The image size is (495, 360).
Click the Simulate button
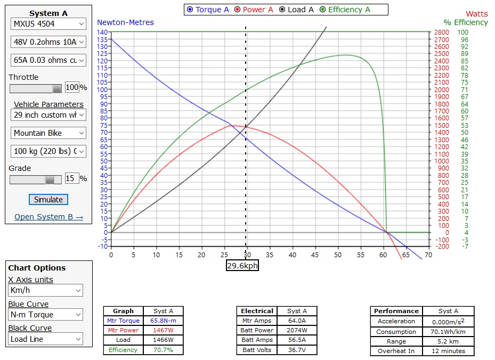pos(48,200)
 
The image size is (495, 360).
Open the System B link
pos(48,217)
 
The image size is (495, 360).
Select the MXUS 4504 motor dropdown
pos(48,24)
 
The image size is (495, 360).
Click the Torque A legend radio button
pos(190,10)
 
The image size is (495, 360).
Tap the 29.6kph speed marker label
pos(242,265)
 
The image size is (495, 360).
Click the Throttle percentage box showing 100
pos(72,88)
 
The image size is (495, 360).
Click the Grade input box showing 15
pos(72,178)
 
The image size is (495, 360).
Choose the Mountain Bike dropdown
pos(48,133)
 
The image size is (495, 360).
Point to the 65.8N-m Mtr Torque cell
pos(164,321)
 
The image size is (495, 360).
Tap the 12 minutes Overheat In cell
pos(448,351)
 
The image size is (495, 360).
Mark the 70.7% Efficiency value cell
pos(164,350)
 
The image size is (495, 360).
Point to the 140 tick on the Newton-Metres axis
pos(102,32)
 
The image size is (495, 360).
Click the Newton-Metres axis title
pos(125,22)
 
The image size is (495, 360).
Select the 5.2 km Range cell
pos(448,341)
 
